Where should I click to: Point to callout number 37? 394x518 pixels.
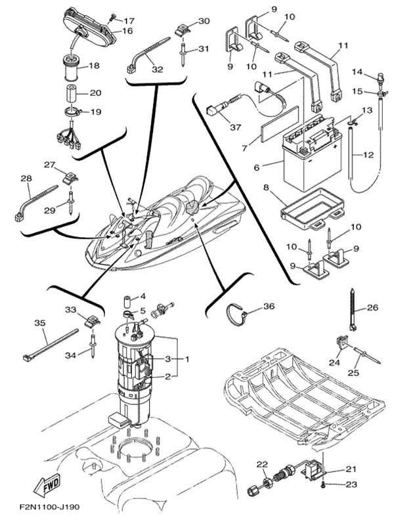click(x=235, y=127)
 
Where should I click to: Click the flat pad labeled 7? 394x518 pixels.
click(x=280, y=124)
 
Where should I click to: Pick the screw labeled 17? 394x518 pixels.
click(x=114, y=16)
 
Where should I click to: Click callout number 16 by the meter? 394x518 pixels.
click(x=127, y=31)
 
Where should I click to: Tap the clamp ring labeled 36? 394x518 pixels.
click(x=237, y=315)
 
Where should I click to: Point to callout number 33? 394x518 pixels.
click(x=70, y=309)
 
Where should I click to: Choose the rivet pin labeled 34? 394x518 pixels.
click(x=93, y=347)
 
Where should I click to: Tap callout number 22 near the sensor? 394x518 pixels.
click(x=263, y=464)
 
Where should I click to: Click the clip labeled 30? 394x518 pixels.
click(x=181, y=30)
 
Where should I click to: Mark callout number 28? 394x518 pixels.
click(x=26, y=179)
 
